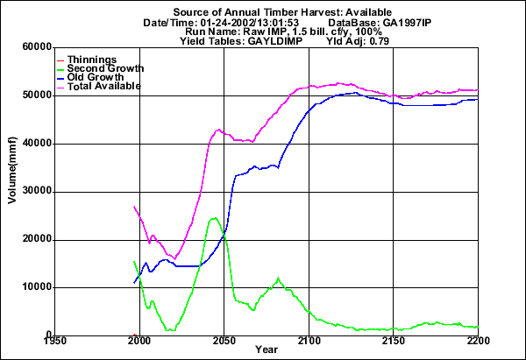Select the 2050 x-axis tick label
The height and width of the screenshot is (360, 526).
tap(224, 341)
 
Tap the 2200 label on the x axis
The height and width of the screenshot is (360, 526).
tap(477, 341)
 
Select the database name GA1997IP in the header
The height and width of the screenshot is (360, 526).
tap(411, 22)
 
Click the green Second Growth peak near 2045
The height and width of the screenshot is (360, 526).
tap(215, 218)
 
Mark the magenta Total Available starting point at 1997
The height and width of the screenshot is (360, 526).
tap(134, 207)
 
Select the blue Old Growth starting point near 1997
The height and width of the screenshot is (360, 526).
tap(134, 282)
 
